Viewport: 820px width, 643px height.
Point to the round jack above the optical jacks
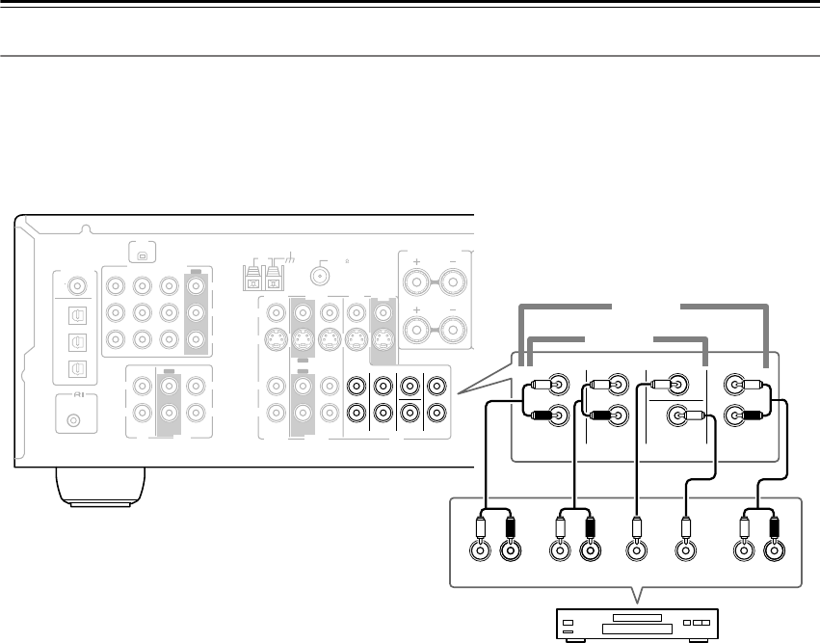pyautogui.click(x=75, y=285)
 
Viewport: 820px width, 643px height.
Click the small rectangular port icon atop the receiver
pyautogui.click(x=141, y=255)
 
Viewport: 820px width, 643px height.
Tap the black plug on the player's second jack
pyautogui.click(x=510, y=530)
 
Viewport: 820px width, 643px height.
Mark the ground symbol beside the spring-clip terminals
pyautogui.click(x=286, y=259)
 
